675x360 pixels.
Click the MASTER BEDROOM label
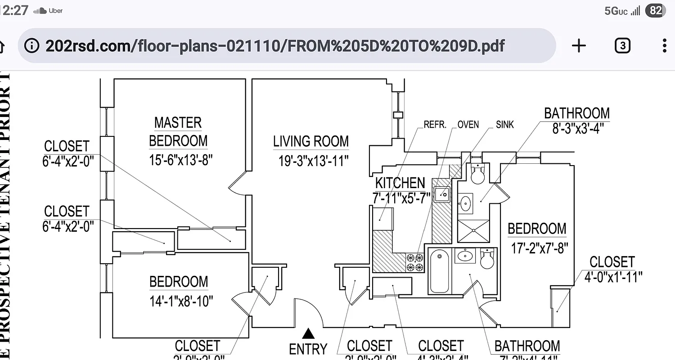click(178, 131)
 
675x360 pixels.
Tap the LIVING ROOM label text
click(310, 141)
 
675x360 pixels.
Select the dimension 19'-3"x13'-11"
click(313, 161)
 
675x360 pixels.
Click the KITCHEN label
click(400, 183)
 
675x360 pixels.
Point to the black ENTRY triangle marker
click(308, 333)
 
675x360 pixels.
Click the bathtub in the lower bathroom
click(439, 271)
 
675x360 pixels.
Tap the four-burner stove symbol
click(415, 262)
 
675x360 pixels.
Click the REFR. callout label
click(435, 125)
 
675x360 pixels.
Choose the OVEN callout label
click(468, 125)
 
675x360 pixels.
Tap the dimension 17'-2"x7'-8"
click(540, 247)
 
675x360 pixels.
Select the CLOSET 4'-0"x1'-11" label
click(612, 269)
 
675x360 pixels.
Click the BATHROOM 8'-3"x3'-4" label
click(577, 120)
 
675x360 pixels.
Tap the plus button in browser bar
click(579, 45)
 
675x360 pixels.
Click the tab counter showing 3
click(622, 45)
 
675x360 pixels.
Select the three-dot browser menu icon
click(665, 45)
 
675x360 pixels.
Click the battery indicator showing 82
click(655, 11)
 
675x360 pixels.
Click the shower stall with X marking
click(473, 231)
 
